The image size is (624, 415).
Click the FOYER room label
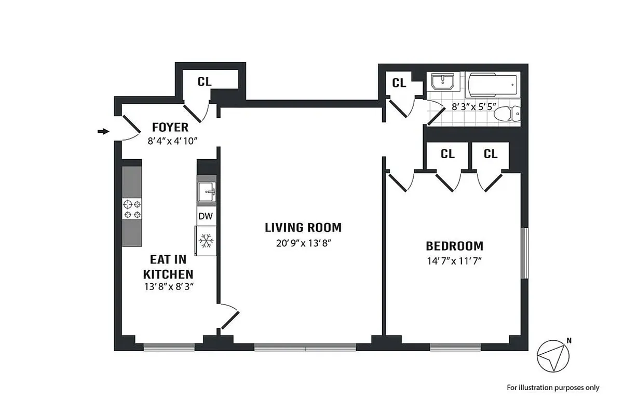coord(170,128)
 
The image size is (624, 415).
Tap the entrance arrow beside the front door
coord(104,131)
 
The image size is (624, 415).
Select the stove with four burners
coord(132,209)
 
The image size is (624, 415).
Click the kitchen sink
coord(207,191)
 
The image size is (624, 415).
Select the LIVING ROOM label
coord(303,227)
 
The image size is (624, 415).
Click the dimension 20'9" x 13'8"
coord(303,243)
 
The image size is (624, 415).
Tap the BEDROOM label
coord(454,246)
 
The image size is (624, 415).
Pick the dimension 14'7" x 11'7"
coord(454,261)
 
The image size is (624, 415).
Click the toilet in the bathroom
coord(506,114)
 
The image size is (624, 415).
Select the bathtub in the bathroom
coord(492,84)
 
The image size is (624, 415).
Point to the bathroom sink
coord(442,84)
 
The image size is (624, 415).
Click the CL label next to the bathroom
coord(399,83)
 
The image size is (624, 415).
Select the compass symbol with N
coord(552,355)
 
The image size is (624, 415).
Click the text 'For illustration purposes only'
coord(553,388)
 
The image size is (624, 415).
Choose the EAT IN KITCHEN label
coord(168,266)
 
